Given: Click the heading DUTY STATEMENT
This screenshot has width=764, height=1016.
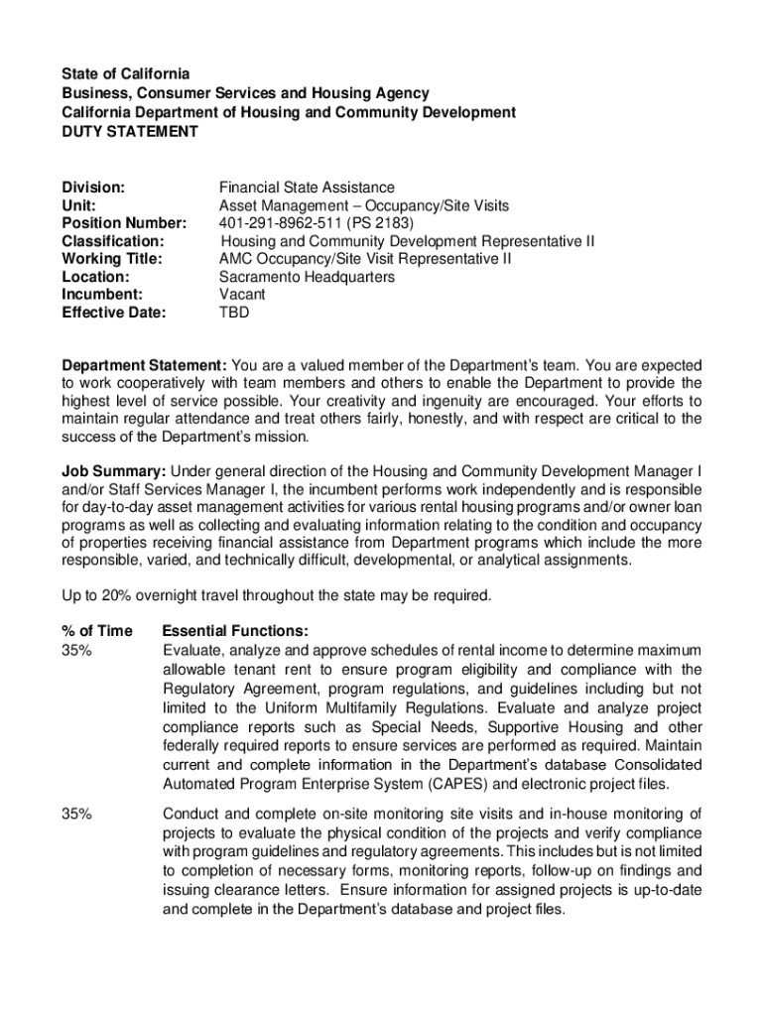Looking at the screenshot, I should (130, 131).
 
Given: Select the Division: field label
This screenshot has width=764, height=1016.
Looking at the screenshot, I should (93, 187).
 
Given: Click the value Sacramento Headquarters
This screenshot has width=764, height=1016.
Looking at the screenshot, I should (307, 277).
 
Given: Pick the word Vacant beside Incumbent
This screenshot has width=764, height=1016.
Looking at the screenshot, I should (242, 295).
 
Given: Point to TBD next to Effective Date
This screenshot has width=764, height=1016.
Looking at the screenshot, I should (234, 313).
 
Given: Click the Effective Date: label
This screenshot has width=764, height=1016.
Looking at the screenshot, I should (114, 313).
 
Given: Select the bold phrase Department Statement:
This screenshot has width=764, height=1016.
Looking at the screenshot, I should (145, 365).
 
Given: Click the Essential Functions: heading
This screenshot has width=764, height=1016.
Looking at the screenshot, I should (235, 631).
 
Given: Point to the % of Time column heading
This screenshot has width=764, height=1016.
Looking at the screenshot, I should (96, 631).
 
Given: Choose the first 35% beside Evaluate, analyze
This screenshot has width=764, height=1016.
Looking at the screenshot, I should (77, 650).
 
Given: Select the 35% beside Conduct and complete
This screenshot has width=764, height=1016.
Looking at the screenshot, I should (77, 815).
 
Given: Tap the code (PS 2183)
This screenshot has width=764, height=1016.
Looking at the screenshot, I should (378, 222).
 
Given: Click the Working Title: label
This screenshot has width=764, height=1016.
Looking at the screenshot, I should (112, 259).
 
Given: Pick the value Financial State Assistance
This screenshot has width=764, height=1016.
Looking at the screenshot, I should (307, 187).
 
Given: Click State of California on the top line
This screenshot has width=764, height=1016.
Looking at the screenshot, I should (125, 74).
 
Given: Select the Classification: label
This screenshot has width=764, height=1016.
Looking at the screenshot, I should (113, 241).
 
